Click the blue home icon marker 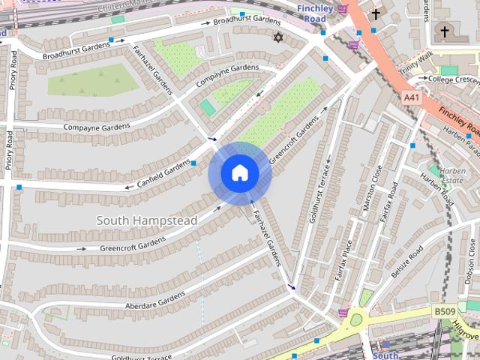coord(238,173)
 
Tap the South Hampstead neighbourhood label coord(147,220)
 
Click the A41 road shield coord(411,97)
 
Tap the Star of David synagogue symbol coord(279,37)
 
